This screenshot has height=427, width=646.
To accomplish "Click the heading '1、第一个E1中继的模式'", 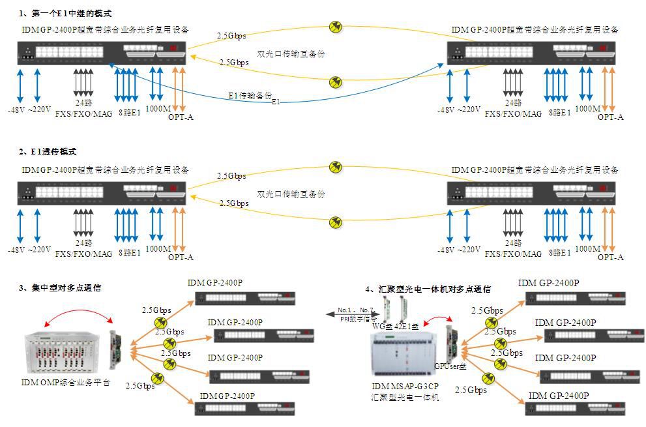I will (x=66, y=13).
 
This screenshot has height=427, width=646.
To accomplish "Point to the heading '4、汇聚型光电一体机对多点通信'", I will (x=428, y=289).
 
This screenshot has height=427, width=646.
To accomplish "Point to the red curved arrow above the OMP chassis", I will (x=75, y=317).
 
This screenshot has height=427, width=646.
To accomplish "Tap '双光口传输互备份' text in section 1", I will (x=291, y=55).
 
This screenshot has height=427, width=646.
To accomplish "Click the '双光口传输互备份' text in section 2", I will (x=291, y=194).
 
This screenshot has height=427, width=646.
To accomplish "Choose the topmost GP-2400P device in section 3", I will (x=245, y=299).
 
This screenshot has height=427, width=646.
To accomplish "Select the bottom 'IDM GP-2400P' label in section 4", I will (x=558, y=396).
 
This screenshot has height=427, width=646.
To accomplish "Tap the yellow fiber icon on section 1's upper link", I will (x=336, y=27).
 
